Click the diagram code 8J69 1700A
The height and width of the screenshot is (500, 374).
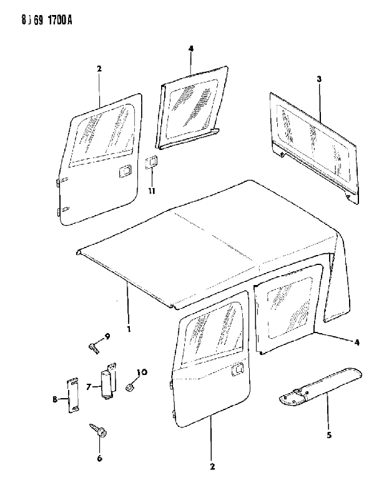pos(47,21)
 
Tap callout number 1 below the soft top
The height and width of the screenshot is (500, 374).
pos(129,329)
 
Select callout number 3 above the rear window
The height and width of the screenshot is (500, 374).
pos(319,79)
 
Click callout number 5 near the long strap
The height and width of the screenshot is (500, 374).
pos(329,434)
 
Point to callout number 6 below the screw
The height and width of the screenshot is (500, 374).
pos(99,458)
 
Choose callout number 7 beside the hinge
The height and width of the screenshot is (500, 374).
pos(89,387)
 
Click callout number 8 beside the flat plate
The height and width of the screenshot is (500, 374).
pos(55,399)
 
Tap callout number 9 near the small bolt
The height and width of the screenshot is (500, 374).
pos(107,336)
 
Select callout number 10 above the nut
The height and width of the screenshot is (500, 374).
pos(142,372)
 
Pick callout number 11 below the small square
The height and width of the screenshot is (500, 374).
pos(151,191)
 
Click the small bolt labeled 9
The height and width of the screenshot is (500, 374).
pos(93,347)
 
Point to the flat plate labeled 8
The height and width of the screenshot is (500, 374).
pos(73,396)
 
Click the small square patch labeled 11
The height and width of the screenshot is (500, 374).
pos(151,163)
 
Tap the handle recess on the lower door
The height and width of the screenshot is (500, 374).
pos(238,370)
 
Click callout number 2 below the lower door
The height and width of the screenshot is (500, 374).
pos(212,466)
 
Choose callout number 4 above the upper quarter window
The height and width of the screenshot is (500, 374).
pos(191,49)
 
